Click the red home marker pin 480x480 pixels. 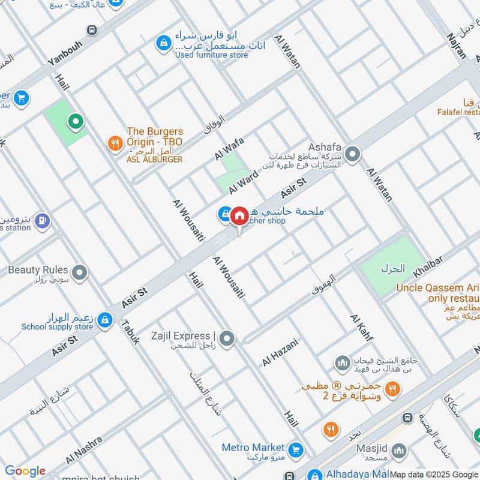[x=239, y=215]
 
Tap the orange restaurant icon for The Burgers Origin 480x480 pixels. [x=114, y=143]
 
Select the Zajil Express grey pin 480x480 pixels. [x=226, y=340]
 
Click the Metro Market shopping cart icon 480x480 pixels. [x=295, y=449]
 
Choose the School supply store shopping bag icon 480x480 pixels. [x=105, y=320]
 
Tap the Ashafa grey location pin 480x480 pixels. [x=352, y=155]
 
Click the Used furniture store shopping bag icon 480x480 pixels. [x=162, y=43]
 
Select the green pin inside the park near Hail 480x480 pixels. [x=76, y=123]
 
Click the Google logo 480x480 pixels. [x=25, y=471]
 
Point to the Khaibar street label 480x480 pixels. [x=427, y=266]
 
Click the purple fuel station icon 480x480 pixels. [x=41, y=221]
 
